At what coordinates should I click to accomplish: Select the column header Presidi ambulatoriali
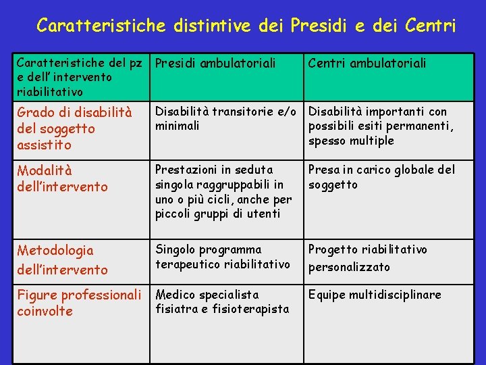(215, 64)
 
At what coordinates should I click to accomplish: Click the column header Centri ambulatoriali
(367, 64)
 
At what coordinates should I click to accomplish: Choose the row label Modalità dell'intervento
(62, 178)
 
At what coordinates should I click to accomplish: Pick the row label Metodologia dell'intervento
(62, 260)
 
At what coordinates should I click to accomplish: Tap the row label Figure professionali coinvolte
(78, 303)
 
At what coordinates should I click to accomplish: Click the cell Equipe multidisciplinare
(375, 295)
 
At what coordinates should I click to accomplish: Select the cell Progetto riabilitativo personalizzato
(368, 258)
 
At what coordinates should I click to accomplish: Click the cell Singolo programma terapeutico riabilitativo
(223, 257)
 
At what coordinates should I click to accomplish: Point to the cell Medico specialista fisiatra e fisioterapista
(222, 301)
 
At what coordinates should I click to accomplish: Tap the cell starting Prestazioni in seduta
(223, 192)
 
